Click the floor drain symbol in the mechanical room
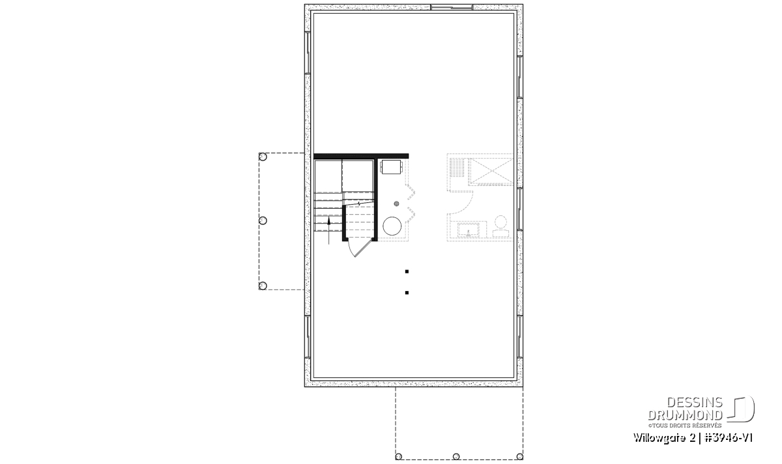[397, 204]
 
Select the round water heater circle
[392, 226]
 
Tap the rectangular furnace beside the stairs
[392, 167]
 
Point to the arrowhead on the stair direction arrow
[328, 221]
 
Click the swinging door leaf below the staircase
[363, 247]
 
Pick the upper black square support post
[407, 271]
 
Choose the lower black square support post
[407, 292]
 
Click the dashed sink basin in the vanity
[469, 230]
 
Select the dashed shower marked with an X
[491, 170]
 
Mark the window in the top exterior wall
[452, 7]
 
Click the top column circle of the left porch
[263, 157]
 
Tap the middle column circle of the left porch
[263, 221]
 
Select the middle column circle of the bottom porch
[456, 456]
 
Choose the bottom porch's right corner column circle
[519, 456]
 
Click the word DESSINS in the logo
[695, 403]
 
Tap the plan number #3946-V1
[729, 438]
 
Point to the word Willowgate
[659, 439]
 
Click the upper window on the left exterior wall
[308, 53]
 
